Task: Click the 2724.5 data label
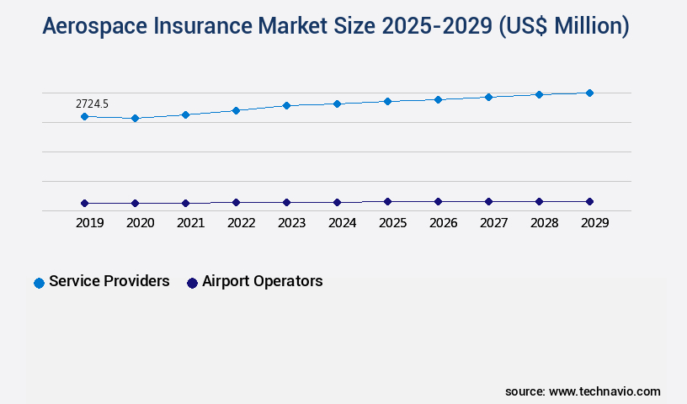[x=92, y=104]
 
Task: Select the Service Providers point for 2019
[x=84, y=116]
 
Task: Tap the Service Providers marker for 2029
[x=589, y=93]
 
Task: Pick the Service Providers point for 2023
[x=286, y=105]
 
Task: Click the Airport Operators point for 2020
[x=135, y=203]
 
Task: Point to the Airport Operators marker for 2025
[x=387, y=201]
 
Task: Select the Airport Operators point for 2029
[x=589, y=201]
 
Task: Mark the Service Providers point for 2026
[x=438, y=99]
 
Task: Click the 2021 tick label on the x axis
[x=190, y=223]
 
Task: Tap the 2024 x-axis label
[x=342, y=223]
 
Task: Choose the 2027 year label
[x=493, y=223]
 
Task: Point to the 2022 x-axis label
[x=241, y=223]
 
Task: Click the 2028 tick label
[x=544, y=223]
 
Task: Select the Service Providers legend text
[x=109, y=281]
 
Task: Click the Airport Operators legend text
[x=262, y=281]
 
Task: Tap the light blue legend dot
[x=39, y=283]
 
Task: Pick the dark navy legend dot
[x=192, y=283]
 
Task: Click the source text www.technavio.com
[x=604, y=391]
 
